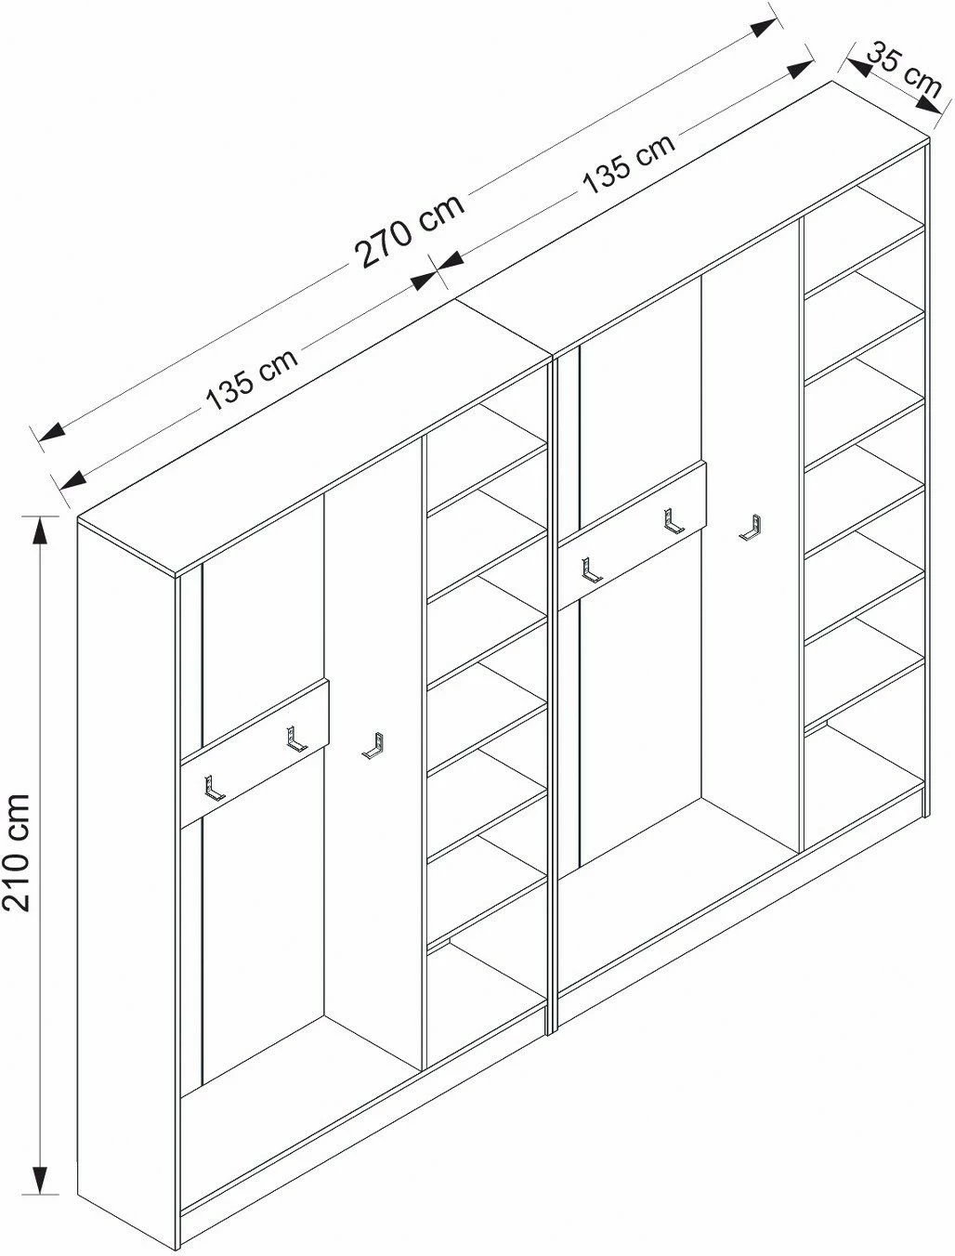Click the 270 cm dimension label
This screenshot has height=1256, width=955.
tap(409, 230)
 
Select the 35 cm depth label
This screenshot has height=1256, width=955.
tap(904, 71)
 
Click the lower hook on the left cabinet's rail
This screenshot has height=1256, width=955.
tap(214, 789)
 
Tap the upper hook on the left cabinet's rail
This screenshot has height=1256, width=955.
tap(296, 739)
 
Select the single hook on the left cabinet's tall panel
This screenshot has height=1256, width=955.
tap(373, 746)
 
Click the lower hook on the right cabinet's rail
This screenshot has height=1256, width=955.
tap(592, 570)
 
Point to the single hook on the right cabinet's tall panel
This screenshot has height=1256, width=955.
tap(751, 528)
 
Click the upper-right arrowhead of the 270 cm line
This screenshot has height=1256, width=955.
tap(765, 28)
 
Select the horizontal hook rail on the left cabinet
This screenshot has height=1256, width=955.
tap(255, 753)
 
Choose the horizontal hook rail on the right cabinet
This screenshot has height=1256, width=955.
tap(633, 536)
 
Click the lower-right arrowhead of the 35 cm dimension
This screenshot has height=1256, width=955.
tap(927, 105)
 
